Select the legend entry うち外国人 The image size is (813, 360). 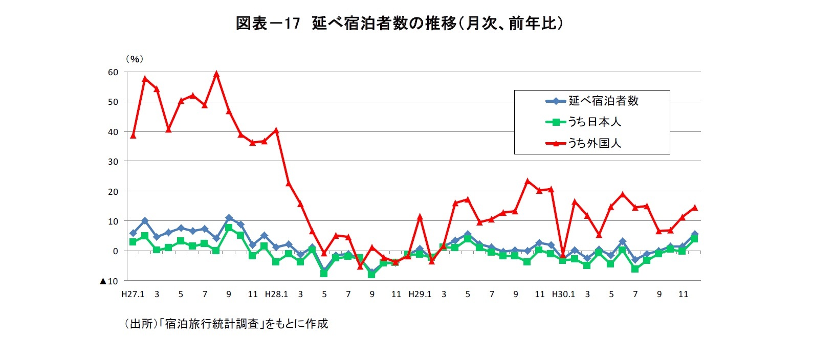click(594, 143)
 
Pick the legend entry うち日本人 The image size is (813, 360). click(594, 122)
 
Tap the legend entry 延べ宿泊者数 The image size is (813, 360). click(603, 101)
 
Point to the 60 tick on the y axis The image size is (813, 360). click(113, 72)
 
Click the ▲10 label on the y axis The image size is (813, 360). click(109, 281)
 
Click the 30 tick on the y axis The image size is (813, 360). click(113, 162)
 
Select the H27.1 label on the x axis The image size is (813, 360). click(133, 295)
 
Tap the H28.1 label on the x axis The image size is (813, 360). click(276, 295)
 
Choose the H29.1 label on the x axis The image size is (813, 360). click(420, 295)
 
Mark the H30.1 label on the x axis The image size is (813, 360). click(563, 295)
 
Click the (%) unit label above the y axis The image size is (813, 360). click(135, 59)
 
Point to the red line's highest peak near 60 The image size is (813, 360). click(216, 74)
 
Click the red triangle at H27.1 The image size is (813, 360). click(133, 136)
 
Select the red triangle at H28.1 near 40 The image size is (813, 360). click(276, 130)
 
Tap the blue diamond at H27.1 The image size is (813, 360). click(133, 233)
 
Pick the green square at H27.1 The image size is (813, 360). click(133, 242)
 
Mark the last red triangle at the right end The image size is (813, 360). click(695, 208)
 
